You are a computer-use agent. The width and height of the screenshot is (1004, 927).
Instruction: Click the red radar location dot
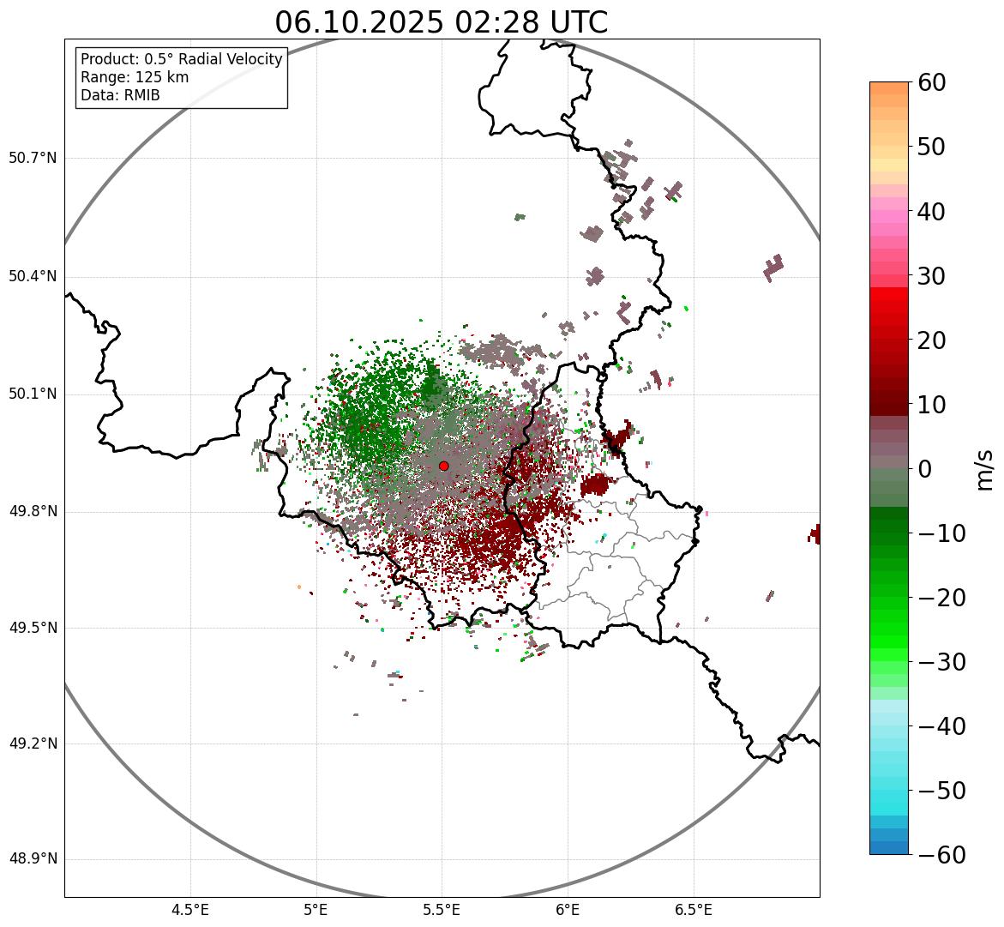coord(443,466)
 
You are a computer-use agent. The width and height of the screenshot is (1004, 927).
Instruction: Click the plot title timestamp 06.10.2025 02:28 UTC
coord(441,22)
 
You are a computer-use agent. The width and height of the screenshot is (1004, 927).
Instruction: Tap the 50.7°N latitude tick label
coord(33,159)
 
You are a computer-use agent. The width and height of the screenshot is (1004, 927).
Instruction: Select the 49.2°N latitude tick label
coord(33,743)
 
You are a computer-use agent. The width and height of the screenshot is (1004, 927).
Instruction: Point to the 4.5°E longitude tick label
coord(190,909)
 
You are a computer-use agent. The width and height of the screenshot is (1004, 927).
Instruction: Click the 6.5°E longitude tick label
coord(693,909)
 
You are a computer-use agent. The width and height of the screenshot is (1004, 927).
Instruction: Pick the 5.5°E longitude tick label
coord(442,909)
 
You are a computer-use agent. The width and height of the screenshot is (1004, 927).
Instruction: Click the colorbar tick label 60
coord(931,82)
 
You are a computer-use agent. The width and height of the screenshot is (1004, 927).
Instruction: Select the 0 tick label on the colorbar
coord(924,469)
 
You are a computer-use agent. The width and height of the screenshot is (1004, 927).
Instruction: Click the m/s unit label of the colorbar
coord(985,469)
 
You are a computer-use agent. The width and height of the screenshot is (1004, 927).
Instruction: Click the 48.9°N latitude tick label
coord(33,859)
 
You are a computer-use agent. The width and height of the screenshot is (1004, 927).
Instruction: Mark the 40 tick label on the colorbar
coord(931,211)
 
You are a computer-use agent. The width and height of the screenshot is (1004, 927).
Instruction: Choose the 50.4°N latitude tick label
coord(33,276)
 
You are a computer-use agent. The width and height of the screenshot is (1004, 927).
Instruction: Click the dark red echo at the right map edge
coord(814,534)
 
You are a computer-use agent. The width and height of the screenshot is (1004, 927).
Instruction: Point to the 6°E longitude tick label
coord(568,909)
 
